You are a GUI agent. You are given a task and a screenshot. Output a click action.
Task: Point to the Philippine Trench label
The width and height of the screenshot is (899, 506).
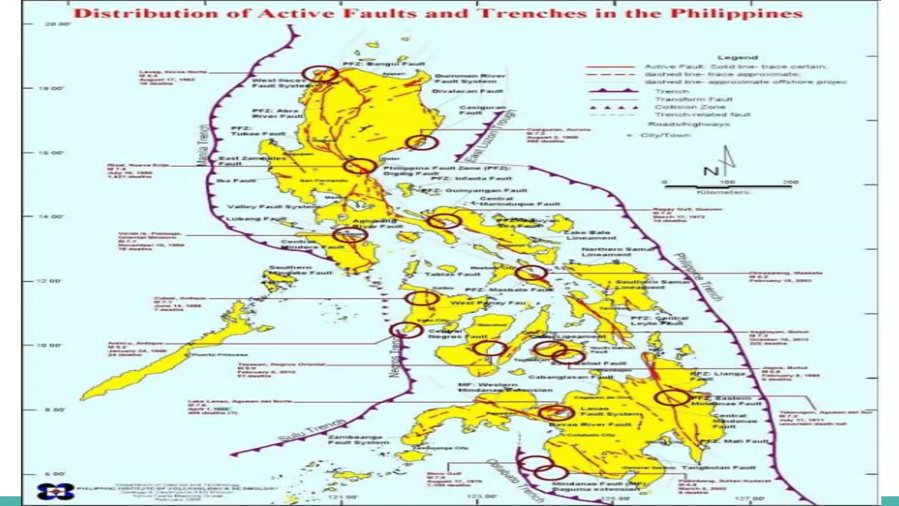[x=698, y=277]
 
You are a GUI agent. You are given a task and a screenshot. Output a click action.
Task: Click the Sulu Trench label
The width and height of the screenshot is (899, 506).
[x=312, y=431]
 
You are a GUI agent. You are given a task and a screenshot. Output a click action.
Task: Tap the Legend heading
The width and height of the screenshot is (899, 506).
[x=737, y=58]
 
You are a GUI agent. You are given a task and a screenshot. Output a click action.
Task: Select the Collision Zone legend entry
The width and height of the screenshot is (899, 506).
[x=690, y=107]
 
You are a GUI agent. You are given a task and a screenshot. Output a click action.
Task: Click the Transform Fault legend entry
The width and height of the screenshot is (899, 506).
[x=693, y=99]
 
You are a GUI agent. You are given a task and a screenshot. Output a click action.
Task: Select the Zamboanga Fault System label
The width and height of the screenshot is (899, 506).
[x=358, y=440]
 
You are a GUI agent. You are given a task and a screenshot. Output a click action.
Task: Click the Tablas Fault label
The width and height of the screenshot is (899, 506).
[x=453, y=274]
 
